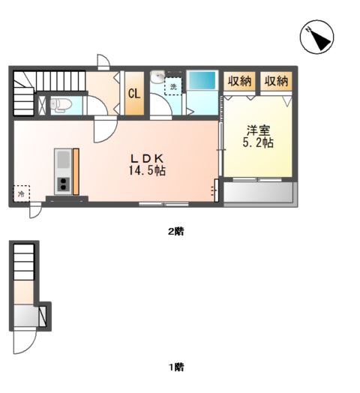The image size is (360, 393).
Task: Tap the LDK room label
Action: pyautogui.click(x=147, y=158)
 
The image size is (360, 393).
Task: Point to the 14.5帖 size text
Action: pyautogui.click(x=147, y=171)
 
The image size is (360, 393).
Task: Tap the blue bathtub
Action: pyautogui.click(x=201, y=80)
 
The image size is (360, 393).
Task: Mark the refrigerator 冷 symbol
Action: pyautogui.click(x=21, y=194)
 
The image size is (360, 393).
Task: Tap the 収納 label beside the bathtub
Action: pyautogui.click(x=240, y=81)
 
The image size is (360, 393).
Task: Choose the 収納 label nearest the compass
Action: pyautogui.click(x=276, y=81)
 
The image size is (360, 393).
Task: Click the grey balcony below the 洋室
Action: pyautogui.click(x=259, y=194)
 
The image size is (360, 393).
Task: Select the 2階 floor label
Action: pyautogui.click(x=175, y=232)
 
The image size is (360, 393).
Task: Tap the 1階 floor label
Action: pyautogui.click(x=175, y=367)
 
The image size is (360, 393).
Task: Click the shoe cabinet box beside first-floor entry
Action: pyautogui.click(x=44, y=315)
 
